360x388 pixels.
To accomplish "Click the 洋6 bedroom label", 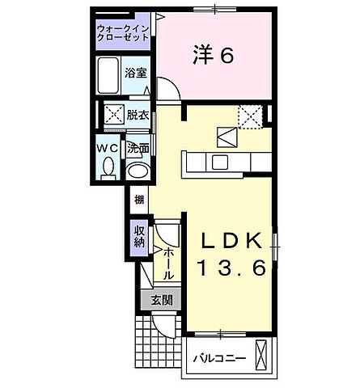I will click(x=214, y=55).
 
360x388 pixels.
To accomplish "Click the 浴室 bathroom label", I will click(x=135, y=73).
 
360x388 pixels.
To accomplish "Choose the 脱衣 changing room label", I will click(x=137, y=115).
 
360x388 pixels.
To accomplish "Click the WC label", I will click(x=108, y=148).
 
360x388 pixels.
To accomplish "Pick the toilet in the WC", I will click(x=108, y=168).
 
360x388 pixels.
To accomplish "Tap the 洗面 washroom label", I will click(x=138, y=148).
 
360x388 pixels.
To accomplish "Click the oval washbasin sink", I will click(x=138, y=171).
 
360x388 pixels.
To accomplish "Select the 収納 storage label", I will click(x=138, y=236).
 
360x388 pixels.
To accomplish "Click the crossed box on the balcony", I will click(x=263, y=354).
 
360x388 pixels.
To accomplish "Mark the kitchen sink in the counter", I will click(x=218, y=162).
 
